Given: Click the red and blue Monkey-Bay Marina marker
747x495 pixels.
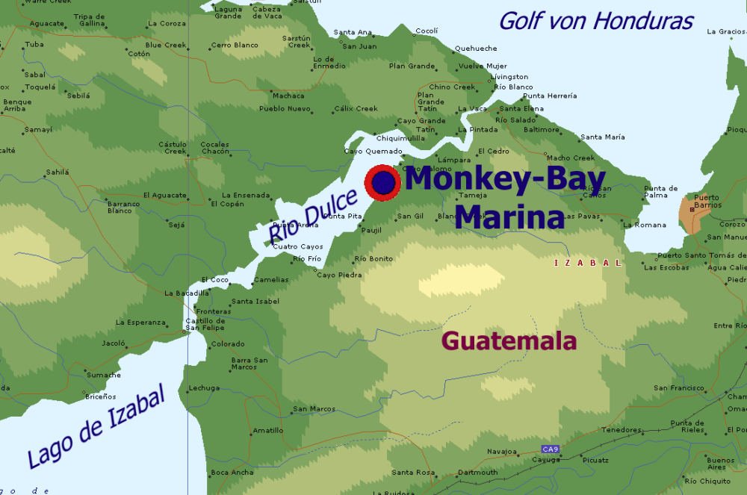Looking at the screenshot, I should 382,182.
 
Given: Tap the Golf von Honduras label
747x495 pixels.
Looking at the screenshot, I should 595,21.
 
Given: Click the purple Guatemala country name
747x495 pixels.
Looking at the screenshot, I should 509,341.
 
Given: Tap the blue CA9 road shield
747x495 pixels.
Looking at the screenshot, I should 551,449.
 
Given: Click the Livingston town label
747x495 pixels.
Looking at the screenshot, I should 509,77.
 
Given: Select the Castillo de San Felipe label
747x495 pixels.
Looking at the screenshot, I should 205,324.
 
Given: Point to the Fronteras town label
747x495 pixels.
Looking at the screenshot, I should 214,311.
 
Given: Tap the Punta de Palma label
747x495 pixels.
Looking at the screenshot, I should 660,192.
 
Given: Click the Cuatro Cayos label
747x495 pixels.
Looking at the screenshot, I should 297,246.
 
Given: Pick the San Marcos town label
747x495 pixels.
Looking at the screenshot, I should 314,408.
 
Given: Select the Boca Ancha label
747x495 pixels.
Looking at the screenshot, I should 232,472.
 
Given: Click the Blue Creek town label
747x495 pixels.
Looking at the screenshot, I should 166,45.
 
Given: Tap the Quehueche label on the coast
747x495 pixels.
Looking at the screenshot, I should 476,49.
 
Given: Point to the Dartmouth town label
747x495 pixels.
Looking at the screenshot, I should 477,472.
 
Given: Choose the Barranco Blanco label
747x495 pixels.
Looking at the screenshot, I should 123,207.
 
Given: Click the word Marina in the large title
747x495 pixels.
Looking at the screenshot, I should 509,217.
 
